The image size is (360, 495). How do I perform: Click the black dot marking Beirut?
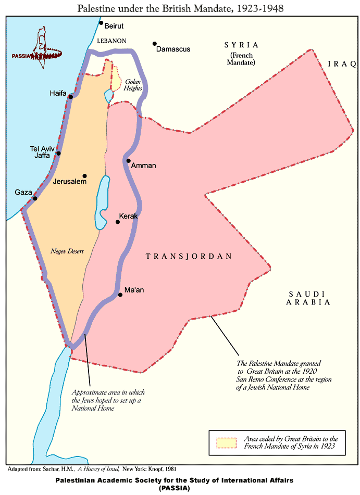[x=101, y=23]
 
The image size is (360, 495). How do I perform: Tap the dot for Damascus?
[x=155, y=44]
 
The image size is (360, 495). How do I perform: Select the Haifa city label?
[x=58, y=93]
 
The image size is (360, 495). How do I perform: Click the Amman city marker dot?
[x=128, y=160]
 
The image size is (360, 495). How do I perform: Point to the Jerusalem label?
[x=69, y=182]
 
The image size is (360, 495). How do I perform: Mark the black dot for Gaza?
[x=35, y=198]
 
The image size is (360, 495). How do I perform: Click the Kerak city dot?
[x=118, y=222]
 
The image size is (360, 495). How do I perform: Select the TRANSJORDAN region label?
[x=189, y=257]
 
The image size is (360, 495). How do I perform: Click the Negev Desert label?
[x=67, y=251]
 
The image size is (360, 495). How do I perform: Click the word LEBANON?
[x=111, y=40]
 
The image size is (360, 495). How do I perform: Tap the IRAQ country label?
[x=341, y=64]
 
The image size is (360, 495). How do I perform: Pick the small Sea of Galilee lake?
[x=108, y=96]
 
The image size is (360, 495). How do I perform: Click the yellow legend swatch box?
[x=226, y=443]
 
